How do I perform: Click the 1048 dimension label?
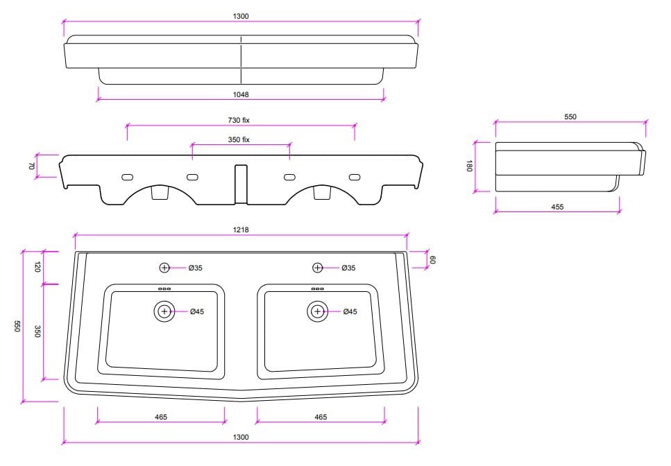point(241,94)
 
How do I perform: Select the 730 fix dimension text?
point(239,120)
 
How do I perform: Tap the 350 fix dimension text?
point(239,139)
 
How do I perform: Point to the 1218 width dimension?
point(241,230)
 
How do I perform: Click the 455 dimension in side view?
point(557,207)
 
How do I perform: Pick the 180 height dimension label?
point(470,166)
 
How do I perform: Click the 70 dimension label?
point(31,166)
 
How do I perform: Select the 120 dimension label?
point(37,267)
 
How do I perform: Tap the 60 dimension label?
point(432,259)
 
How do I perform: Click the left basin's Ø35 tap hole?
point(164,268)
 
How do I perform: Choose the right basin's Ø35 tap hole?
point(317,268)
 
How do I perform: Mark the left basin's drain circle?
point(164,311)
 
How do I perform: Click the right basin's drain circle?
point(318,311)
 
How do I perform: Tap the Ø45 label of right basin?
point(350,311)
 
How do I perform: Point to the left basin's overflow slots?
point(164,289)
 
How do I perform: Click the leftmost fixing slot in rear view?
point(128,177)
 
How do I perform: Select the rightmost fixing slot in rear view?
point(355,177)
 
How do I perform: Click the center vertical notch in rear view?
point(241,184)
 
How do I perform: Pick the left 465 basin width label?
point(161,417)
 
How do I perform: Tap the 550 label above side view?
point(570,116)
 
